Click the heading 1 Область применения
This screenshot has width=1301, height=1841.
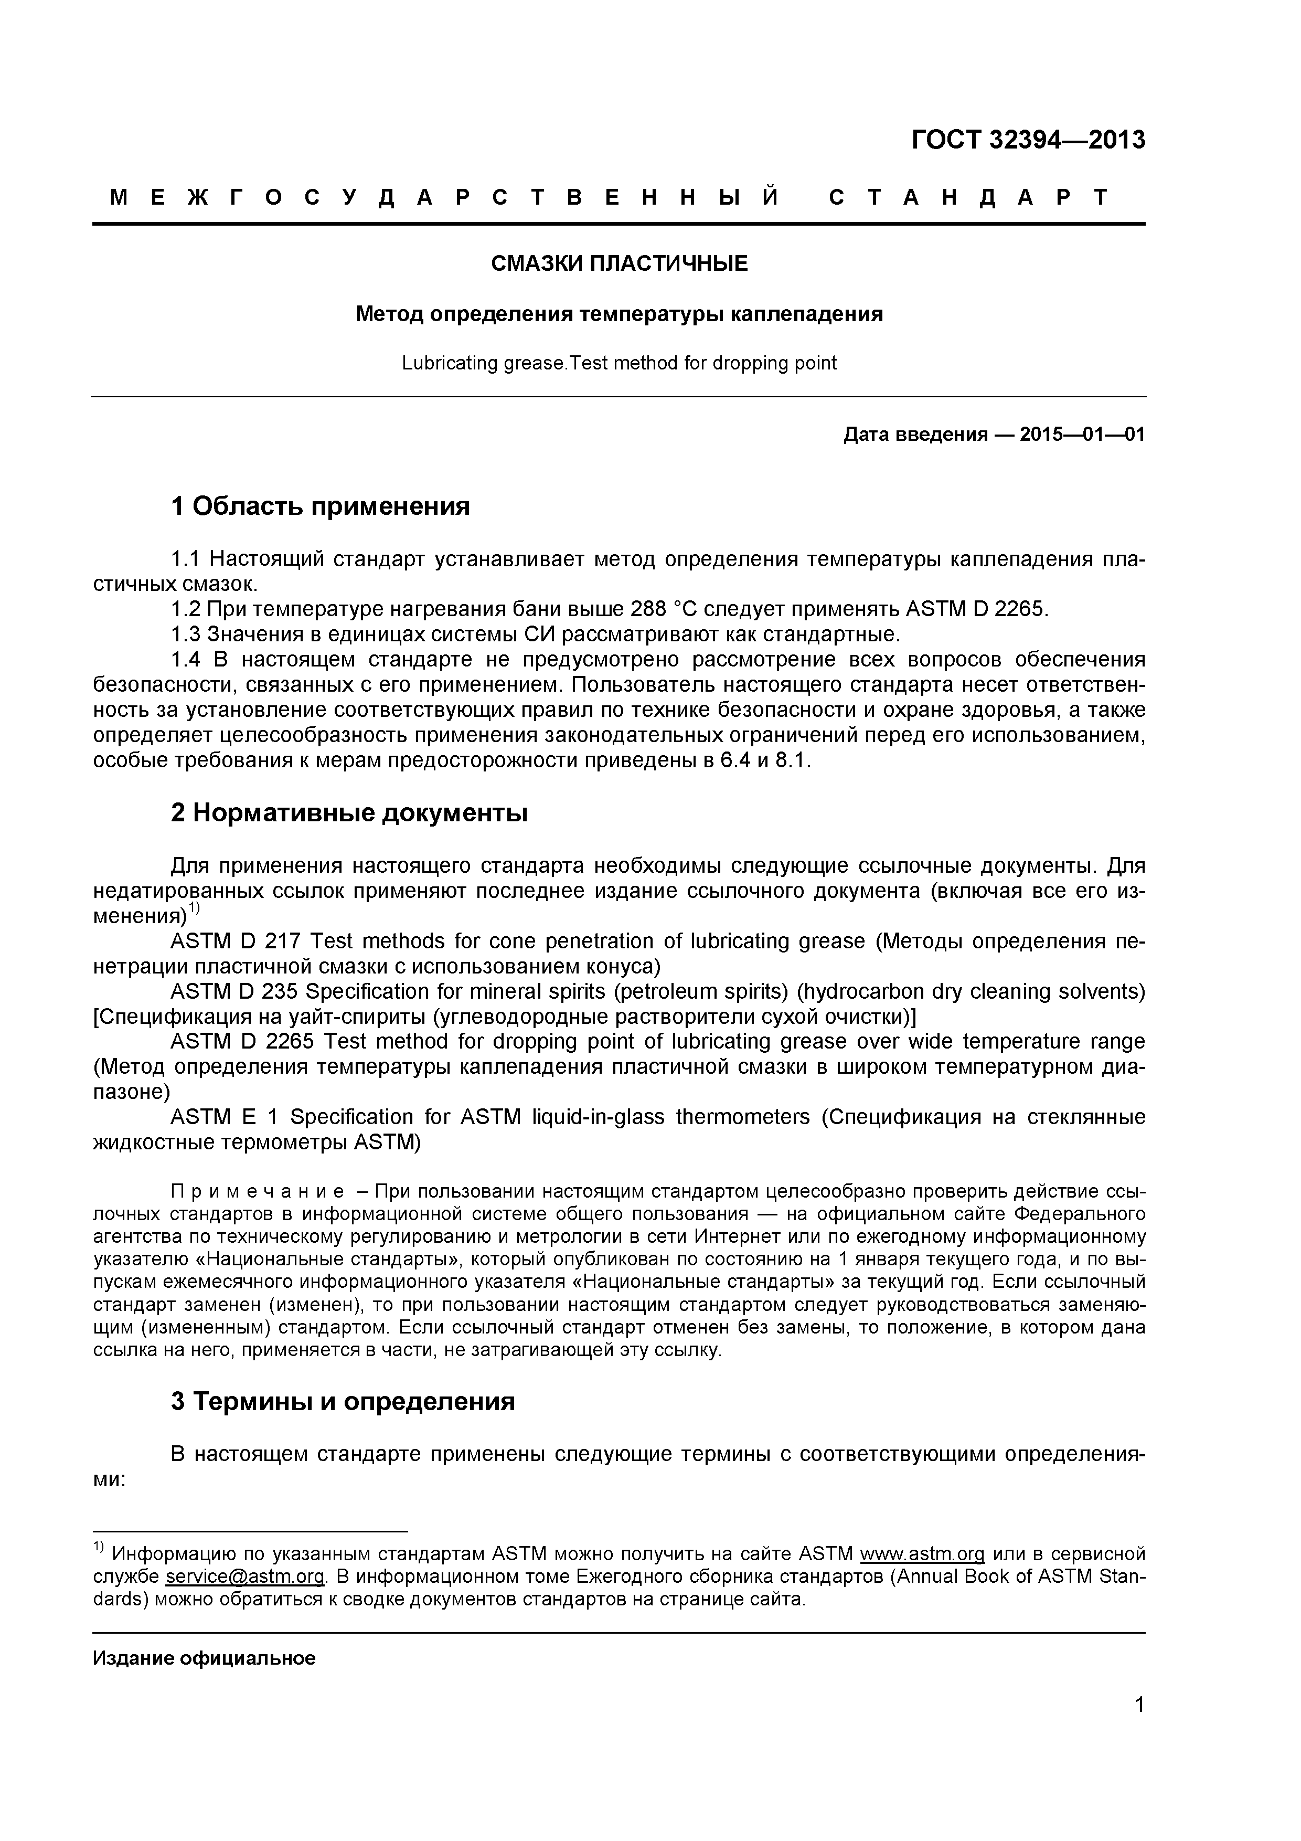(320, 506)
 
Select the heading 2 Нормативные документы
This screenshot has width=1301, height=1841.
(349, 813)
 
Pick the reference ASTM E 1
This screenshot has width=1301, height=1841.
(225, 1117)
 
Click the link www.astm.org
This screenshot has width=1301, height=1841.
(922, 1554)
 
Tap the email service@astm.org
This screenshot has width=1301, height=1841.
(246, 1577)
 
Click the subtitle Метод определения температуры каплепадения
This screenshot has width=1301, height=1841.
(619, 314)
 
